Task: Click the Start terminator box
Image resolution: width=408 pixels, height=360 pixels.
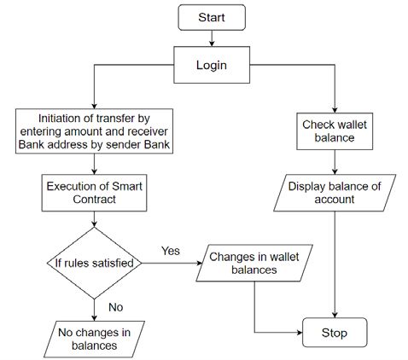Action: point(212,17)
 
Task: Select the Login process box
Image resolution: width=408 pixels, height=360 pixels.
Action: point(212,65)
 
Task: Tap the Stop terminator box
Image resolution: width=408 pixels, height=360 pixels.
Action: point(335,333)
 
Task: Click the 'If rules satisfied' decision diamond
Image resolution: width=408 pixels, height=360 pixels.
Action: point(94,263)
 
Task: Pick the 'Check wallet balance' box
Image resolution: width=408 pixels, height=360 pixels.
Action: point(335,131)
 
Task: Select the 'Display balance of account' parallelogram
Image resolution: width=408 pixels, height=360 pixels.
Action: point(335,193)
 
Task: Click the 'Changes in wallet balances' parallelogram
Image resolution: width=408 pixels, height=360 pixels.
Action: point(254,263)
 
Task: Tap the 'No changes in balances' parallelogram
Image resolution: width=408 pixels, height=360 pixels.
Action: point(94,340)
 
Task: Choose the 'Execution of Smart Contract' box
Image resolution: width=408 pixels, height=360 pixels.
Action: point(94,193)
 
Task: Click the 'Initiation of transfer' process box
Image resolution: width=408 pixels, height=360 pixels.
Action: point(94,131)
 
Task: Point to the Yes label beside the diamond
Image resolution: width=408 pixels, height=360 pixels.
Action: point(171,251)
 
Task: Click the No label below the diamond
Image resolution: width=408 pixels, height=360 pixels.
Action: point(116,307)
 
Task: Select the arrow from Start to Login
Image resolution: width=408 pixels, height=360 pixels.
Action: point(212,38)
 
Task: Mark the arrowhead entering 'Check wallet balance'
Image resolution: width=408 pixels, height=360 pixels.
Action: point(335,110)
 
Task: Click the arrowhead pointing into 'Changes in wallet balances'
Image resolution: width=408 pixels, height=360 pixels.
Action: point(199,263)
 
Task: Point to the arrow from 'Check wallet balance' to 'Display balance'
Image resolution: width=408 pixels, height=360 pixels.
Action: point(335,162)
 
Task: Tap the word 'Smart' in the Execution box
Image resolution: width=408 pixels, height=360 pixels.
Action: point(127,186)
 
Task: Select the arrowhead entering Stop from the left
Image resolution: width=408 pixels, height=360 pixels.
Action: point(300,333)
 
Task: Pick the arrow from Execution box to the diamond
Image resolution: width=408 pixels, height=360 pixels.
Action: point(94,219)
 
